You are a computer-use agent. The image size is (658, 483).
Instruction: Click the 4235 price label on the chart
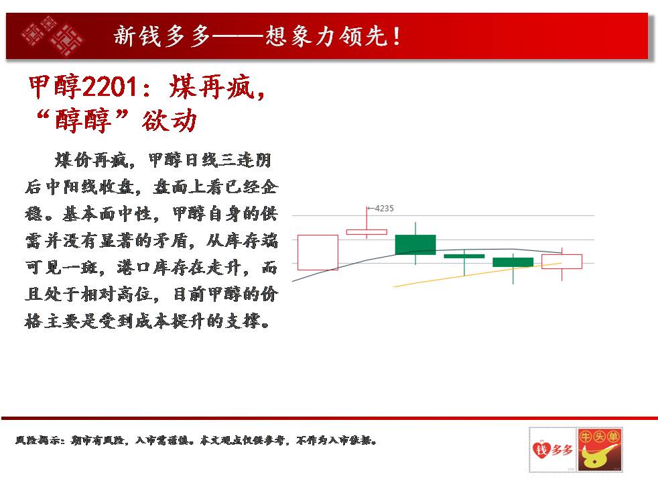pos(384,209)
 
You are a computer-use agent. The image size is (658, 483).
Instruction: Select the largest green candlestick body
pos(415,244)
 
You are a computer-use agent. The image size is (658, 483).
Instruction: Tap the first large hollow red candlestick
pos(318,252)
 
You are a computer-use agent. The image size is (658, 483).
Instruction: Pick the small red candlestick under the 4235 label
pos(367,232)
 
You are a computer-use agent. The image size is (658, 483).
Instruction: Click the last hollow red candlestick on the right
pos(562,261)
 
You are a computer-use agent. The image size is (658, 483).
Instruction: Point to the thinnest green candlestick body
pos(464,256)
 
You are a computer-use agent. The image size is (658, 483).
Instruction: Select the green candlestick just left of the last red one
pos(513,262)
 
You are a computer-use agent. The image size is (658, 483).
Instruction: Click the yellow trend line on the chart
pos(477,274)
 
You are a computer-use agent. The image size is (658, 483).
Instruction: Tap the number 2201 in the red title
pos(109,87)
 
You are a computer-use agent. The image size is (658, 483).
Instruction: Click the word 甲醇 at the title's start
pos(54,87)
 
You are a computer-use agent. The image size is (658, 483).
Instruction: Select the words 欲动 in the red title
pos(169,120)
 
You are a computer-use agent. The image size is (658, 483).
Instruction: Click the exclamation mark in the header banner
pos(397,36)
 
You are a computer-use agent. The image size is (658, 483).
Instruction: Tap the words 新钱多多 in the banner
pos(162,36)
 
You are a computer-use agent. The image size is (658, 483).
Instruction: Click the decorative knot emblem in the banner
pos(52,36)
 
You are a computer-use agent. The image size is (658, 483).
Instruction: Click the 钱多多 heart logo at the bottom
pos(552,450)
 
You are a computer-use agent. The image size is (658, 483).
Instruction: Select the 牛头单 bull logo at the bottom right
pos(600,450)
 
